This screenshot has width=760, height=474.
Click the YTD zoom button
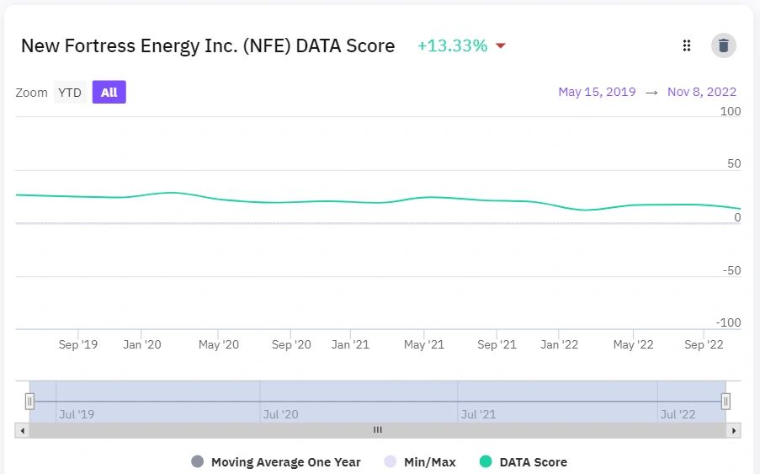(70, 93)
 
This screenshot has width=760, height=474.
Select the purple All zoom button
(109, 93)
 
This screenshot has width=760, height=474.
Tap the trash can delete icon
(724, 45)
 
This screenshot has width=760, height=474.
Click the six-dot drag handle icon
(687, 45)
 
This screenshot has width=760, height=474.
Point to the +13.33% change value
(452, 45)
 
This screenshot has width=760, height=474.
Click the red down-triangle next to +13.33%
(501, 46)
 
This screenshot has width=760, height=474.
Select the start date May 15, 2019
(597, 92)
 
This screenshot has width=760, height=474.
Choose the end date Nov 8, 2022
(702, 92)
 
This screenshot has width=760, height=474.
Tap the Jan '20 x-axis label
(141, 344)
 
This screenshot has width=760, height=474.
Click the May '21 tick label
(424, 344)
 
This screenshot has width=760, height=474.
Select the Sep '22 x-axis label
(704, 344)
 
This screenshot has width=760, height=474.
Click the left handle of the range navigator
(29, 402)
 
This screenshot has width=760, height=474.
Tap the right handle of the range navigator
(725, 402)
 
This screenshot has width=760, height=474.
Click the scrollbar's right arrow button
(734, 430)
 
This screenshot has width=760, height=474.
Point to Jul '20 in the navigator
(281, 414)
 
